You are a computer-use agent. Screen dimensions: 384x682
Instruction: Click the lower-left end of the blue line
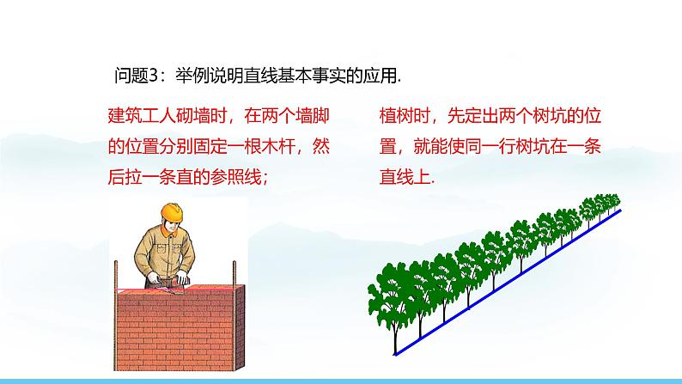[x=395, y=354]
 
